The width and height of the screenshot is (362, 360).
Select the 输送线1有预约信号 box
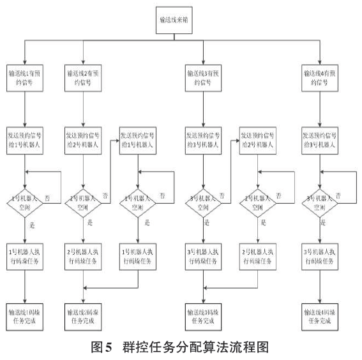[x=26, y=78]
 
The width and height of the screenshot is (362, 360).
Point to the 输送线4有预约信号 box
[x=320, y=78]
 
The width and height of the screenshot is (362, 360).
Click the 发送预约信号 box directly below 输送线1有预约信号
[x=26, y=140]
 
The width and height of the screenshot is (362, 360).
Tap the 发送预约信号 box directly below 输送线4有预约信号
[x=320, y=140]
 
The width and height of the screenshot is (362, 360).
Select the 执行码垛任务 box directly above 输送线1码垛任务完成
[x=26, y=251]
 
